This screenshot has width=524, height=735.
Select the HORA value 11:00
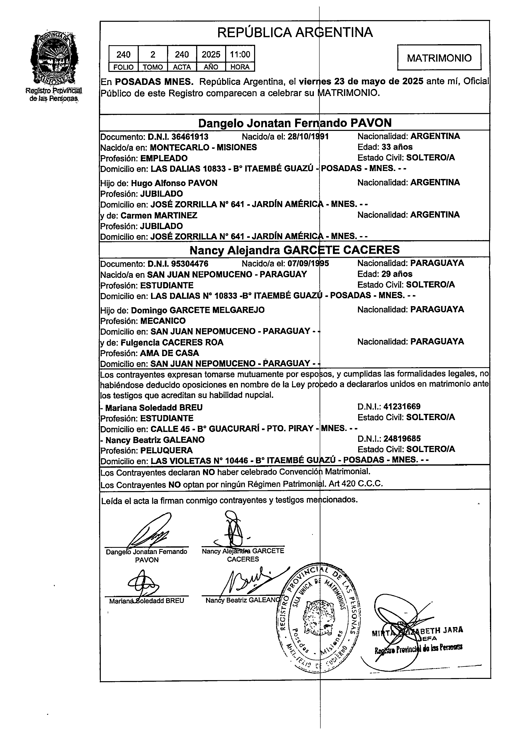(240, 54)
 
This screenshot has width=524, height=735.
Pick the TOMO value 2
(153, 54)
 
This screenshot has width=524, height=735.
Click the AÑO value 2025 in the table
(211, 54)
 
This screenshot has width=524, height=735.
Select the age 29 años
(397, 274)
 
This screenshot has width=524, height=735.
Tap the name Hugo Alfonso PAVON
(174, 183)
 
